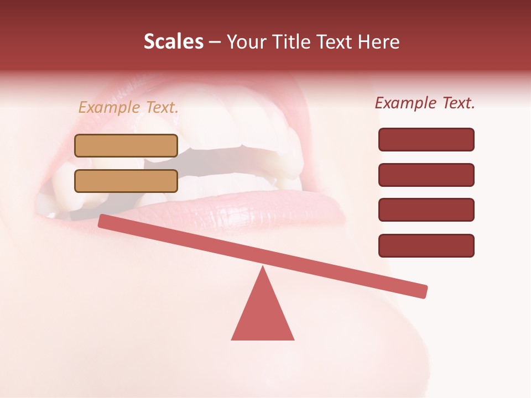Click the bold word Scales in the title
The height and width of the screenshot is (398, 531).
173,41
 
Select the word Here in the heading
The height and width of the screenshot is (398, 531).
377,41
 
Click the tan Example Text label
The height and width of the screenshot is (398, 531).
128,107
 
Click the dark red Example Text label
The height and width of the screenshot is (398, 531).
425,103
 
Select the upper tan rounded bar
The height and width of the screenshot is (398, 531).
126,145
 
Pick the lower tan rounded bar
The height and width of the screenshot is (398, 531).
126,181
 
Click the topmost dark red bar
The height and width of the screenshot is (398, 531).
426,139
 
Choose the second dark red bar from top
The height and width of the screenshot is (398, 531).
426,175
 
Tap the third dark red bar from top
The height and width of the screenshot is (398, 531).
426,210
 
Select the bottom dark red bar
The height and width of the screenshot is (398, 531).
426,245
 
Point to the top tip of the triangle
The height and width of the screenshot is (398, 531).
263,268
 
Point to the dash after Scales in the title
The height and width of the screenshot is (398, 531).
214,41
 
